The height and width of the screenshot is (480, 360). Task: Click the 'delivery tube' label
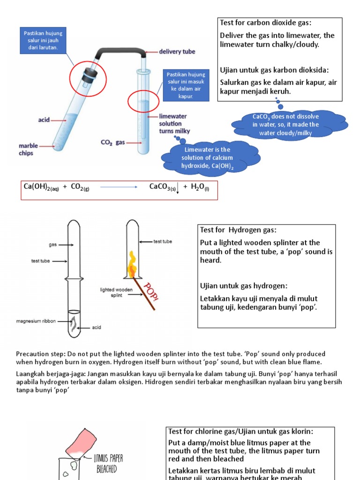(177, 52)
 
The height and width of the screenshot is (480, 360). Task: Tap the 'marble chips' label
(29, 150)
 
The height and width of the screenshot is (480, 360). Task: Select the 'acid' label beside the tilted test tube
(44, 120)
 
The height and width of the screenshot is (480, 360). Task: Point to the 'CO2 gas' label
(113, 142)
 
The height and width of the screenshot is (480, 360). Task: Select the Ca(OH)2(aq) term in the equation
(41, 187)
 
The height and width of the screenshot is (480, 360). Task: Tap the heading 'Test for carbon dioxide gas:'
(266, 23)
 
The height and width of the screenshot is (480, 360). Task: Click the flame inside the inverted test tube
(132, 265)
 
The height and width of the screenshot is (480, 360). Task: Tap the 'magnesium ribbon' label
(36, 321)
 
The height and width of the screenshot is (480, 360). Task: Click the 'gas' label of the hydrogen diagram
(52, 245)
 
